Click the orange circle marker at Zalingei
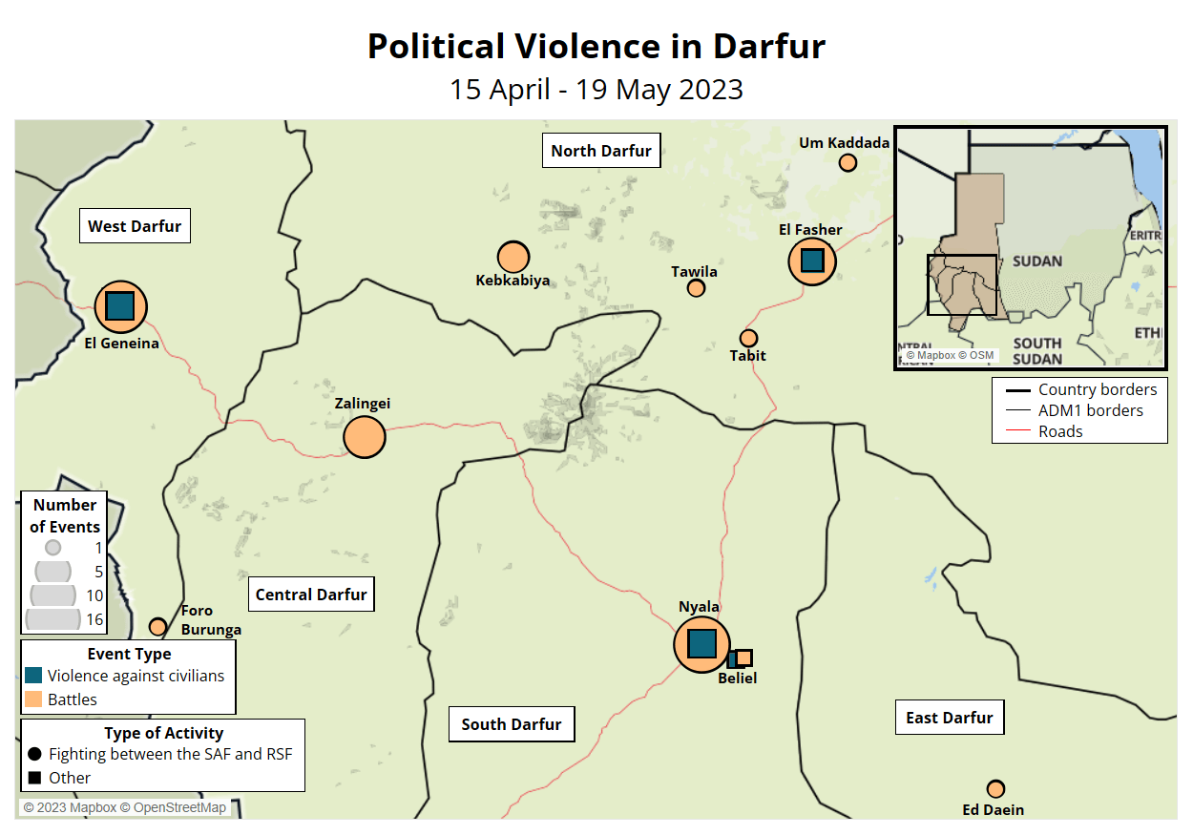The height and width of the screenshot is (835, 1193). tap(364, 437)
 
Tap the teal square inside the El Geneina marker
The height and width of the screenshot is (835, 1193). tap(119, 306)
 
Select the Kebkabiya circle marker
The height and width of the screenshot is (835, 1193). tap(513, 257)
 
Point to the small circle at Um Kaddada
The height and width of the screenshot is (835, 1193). tap(848, 162)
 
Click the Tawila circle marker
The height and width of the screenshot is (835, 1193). tap(696, 288)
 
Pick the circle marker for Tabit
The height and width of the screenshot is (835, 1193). tap(748, 338)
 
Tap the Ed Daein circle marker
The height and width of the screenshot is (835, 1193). tap(995, 789)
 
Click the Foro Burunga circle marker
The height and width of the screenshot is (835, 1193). tap(158, 627)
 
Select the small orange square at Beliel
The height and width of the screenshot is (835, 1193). tap(744, 658)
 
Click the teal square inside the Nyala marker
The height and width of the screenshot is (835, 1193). tap(701, 644)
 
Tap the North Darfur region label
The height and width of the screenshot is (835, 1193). tap(601, 151)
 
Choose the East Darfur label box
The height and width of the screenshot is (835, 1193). tap(949, 718)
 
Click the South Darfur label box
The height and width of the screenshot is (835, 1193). tap(512, 724)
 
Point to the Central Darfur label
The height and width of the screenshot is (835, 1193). tap(311, 595)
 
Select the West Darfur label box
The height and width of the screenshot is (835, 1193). tap(135, 226)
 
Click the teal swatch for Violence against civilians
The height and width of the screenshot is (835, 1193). tap(33, 676)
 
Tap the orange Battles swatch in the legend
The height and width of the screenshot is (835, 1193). tap(33, 699)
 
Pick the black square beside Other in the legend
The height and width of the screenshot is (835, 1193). tap(34, 778)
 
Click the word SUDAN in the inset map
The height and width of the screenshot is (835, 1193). tap(1037, 261)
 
